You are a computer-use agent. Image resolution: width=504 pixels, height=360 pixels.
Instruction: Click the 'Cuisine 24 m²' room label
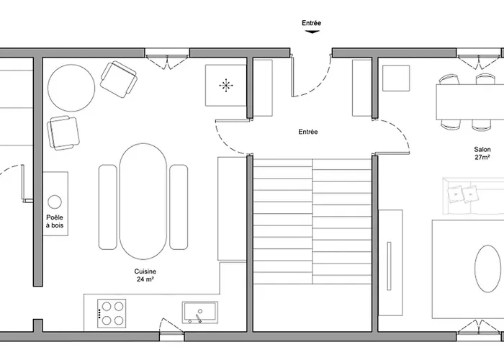pyautogui.click(x=146, y=275)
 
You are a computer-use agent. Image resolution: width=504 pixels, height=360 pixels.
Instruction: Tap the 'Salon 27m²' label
pyautogui.click(x=482, y=153)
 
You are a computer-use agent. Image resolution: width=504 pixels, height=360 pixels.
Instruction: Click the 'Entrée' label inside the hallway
pyautogui.click(x=308, y=132)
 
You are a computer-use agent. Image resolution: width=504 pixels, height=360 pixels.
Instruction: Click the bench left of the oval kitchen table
pyautogui.click(x=107, y=207)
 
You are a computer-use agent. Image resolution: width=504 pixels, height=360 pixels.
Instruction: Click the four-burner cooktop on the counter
pyautogui.click(x=111, y=313)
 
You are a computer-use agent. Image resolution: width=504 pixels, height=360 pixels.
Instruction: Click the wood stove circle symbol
pyautogui.click(x=55, y=201)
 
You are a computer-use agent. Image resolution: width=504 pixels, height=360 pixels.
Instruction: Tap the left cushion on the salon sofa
pyautogui.click(x=456, y=193)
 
